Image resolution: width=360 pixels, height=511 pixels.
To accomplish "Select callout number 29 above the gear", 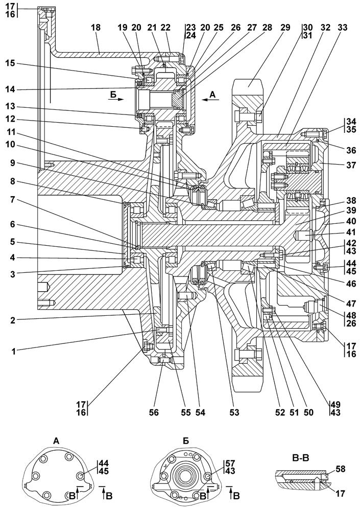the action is [285, 28].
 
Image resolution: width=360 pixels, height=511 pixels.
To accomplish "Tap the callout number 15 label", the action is [10, 63].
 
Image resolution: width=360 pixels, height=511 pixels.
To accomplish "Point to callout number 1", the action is [14, 352].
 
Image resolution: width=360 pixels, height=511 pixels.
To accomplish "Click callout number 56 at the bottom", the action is [154, 412].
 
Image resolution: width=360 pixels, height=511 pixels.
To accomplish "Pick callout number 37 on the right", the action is [350, 165].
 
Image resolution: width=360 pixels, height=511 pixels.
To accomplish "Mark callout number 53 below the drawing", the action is [234, 412].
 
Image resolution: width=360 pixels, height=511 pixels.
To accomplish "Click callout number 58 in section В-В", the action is [340, 469].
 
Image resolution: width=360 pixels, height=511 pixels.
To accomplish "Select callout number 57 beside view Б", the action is [230, 463].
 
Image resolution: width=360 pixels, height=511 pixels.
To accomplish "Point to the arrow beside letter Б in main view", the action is [116, 99].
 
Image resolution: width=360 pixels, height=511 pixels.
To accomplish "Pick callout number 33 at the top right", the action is [343, 28].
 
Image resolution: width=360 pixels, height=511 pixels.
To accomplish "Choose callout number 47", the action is [350, 304].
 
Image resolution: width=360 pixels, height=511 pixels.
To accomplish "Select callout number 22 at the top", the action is [165, 28].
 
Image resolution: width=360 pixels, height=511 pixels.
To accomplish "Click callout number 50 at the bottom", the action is [308, 412].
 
